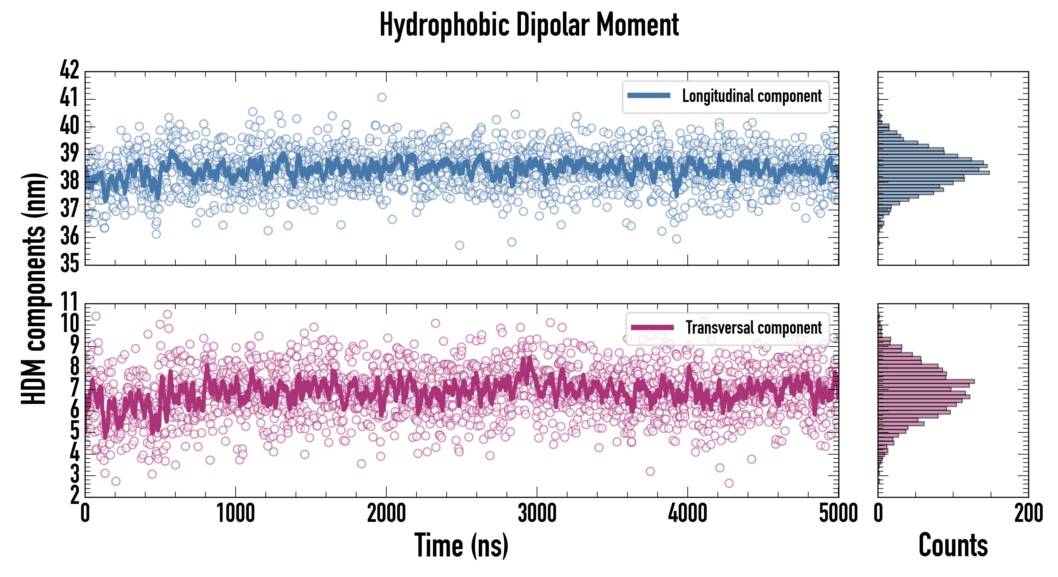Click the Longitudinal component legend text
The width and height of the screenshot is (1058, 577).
tap(752, 96)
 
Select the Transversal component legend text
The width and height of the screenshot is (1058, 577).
tap(754, 328)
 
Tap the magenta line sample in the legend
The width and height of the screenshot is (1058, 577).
tap(652, 328)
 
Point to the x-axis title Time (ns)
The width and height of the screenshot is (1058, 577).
tap(462, 545)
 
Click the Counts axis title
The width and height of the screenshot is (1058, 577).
tap(953, 545)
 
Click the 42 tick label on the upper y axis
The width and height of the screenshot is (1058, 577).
tap(69, 70)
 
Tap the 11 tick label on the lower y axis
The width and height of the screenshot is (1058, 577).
tap(69, 302)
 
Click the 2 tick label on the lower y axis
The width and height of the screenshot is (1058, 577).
tap(74, 495)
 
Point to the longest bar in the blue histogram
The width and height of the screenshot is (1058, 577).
tap(934, 172)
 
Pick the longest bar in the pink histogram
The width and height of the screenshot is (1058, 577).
tap(926, 381)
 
